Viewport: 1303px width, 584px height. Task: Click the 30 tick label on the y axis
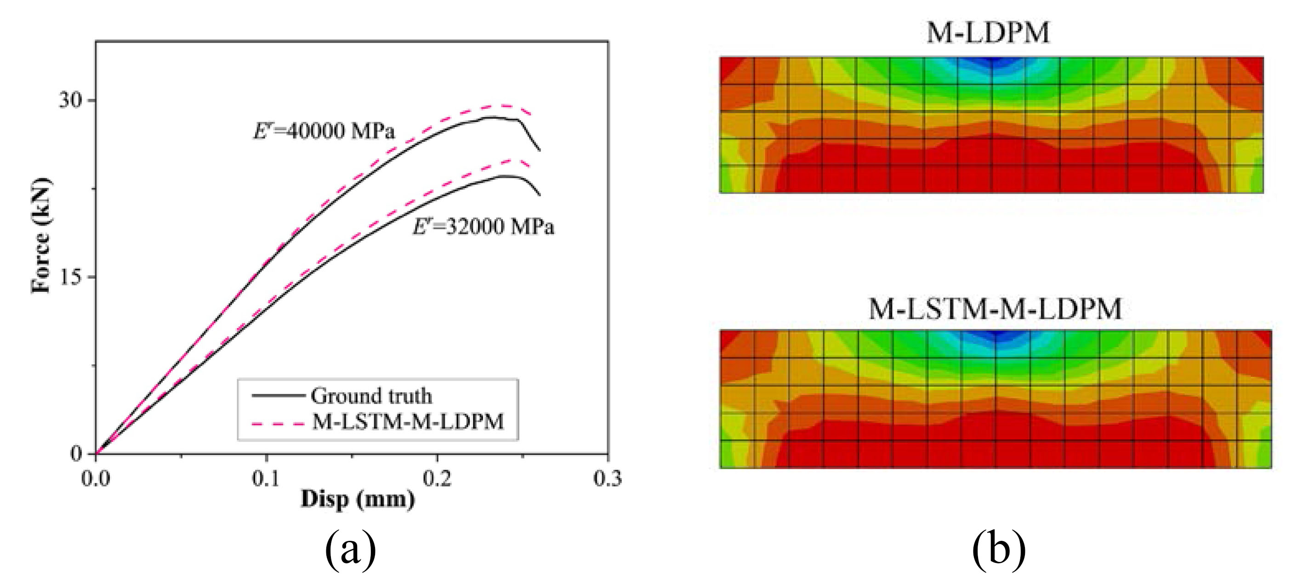coord(70,100)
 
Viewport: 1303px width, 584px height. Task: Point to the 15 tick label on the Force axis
coord(70,277)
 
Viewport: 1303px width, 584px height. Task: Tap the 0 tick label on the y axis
coord(76,454)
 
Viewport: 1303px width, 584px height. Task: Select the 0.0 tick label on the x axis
coord(96,478)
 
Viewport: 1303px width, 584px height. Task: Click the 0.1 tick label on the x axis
coord(266,478)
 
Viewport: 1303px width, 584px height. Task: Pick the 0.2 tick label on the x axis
coord(437,478)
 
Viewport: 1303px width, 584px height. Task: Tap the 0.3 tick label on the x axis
coord(608,478)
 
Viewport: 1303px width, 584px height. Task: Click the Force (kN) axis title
coord(41,235)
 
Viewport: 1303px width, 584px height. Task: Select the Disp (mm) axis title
coord(358,499)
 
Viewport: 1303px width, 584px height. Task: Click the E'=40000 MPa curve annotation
coord(324,131)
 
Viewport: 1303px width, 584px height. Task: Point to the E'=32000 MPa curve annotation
coord(484,227)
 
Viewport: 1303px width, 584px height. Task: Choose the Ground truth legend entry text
coord(371,396)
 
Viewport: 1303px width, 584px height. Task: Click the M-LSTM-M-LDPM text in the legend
coord(408,422)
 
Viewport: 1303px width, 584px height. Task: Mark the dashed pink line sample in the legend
coord(278,423)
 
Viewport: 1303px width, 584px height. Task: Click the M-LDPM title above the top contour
coord(988,33)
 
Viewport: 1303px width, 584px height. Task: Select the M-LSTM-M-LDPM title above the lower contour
coord(995,309)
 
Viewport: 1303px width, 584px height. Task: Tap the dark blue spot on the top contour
coord(992,62)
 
